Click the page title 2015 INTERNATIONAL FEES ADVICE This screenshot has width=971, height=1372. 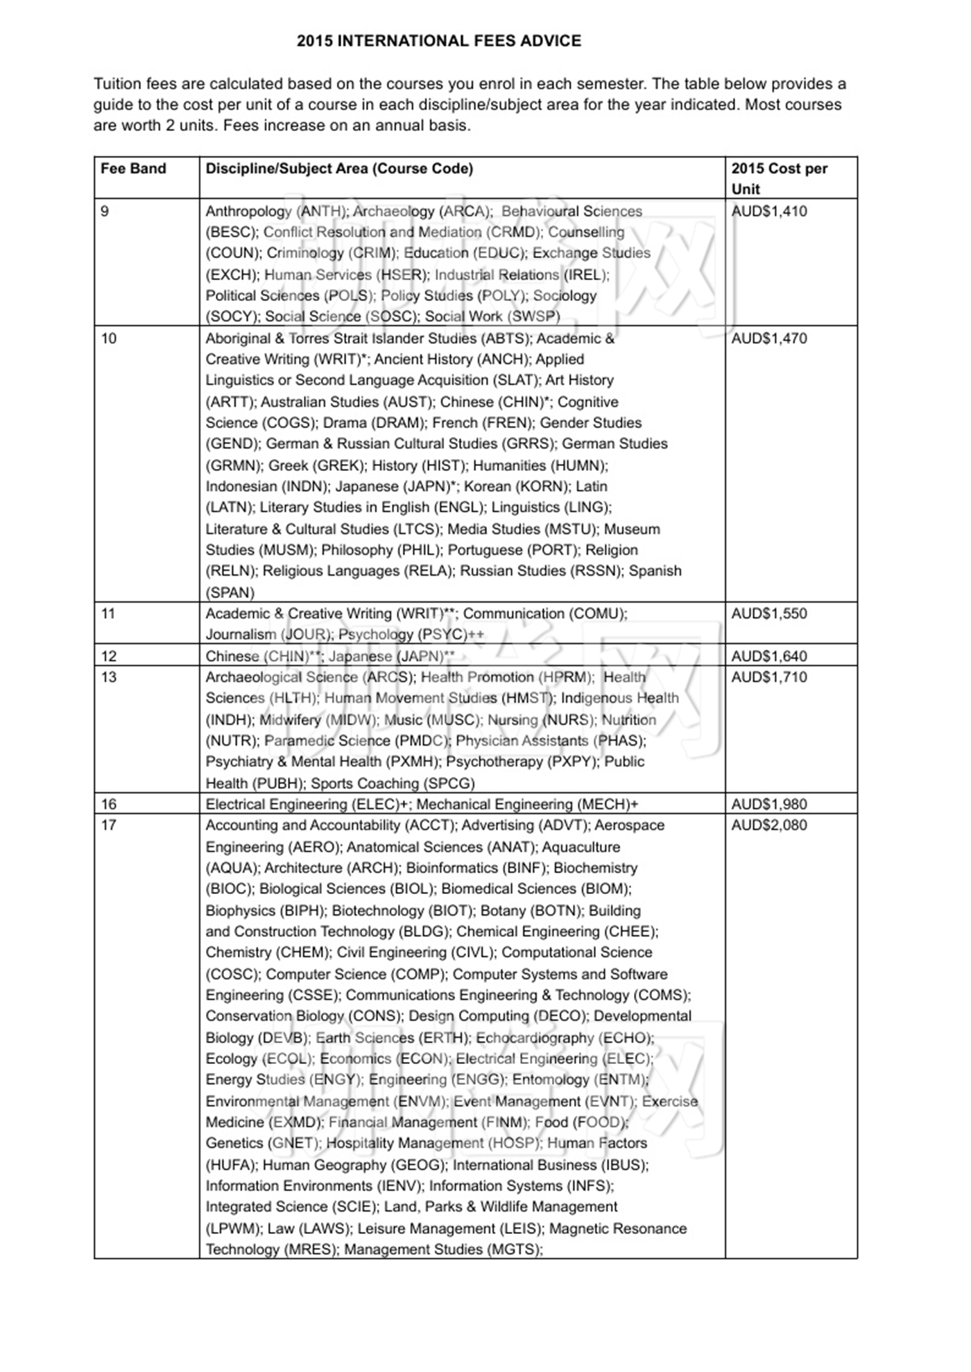point(439,41)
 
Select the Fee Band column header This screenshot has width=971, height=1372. point(133,169)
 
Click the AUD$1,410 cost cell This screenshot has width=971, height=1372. point(769,212)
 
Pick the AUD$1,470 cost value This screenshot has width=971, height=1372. point(769,338)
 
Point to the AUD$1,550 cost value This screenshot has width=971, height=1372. point(769,613)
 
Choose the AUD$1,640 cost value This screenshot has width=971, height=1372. point(769,656)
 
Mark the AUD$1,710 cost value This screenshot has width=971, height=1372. point(769,677)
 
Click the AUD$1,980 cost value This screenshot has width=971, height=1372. point(769,804)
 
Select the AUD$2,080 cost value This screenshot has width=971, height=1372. point(769,825)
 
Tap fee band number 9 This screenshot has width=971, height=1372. point(105,212)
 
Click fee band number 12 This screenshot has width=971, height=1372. point(109,656)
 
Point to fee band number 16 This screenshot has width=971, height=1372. point(109,804)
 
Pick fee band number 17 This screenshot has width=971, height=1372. point(109,825)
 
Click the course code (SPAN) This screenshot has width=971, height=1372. point(230,593)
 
